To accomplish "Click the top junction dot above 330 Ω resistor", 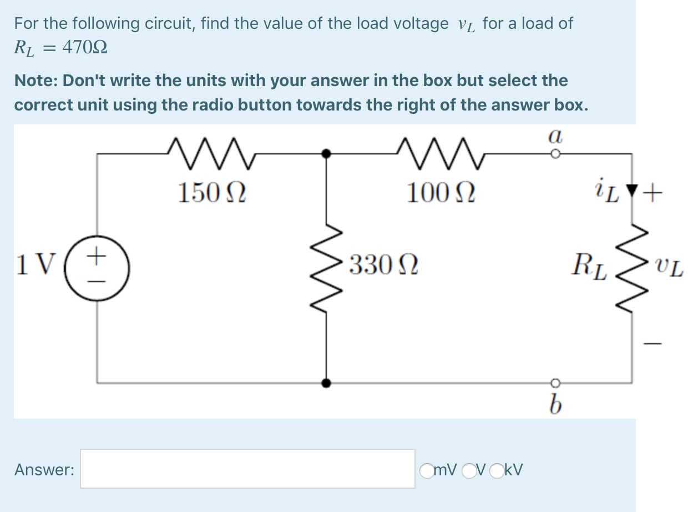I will (327, 153).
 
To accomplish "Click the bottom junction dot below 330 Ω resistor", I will (327, 383).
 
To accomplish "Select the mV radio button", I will (427, 470).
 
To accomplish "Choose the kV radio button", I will (496, 470).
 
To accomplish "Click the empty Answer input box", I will (247, 469).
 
